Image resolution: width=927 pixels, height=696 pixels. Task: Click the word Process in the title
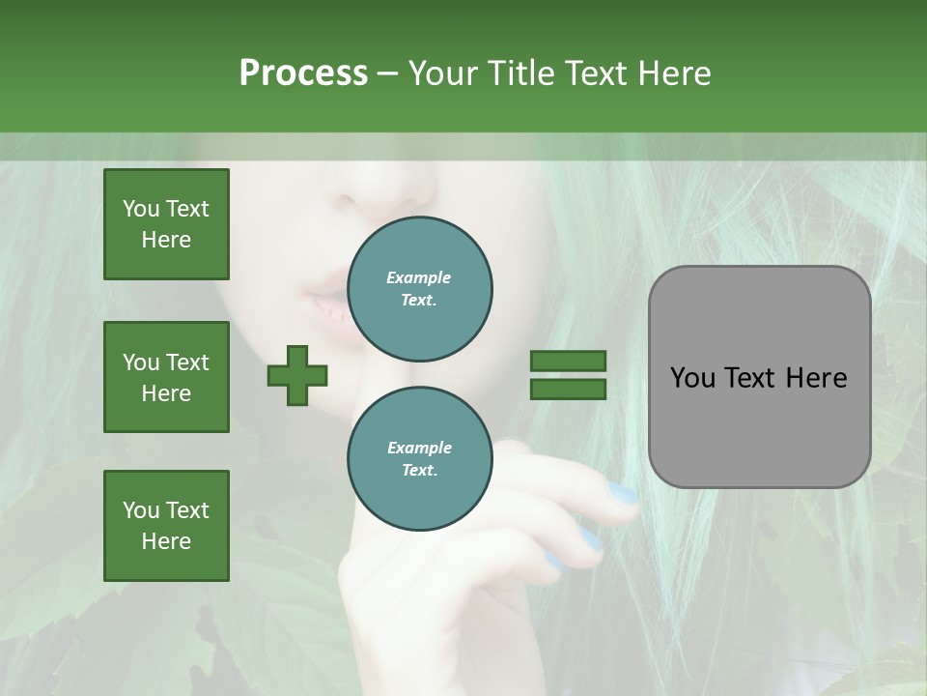303,73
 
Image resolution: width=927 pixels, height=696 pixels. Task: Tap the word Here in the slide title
673,73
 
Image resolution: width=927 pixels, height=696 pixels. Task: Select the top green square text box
166,224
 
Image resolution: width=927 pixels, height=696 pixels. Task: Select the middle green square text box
166,377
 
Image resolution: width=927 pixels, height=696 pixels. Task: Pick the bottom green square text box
166,526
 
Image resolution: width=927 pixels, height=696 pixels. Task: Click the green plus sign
297,375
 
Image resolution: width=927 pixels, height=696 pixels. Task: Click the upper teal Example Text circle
419,289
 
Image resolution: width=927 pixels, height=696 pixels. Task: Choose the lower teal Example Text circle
419,459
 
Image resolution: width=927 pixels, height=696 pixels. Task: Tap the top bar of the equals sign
568,362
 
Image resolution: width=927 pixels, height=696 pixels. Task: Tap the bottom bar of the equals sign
568,390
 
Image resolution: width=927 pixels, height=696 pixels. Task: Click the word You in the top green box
141,209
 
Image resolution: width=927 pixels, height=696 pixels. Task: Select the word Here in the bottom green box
166,541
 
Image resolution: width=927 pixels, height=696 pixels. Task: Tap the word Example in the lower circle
419,448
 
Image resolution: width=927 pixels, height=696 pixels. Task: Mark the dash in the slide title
388,73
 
